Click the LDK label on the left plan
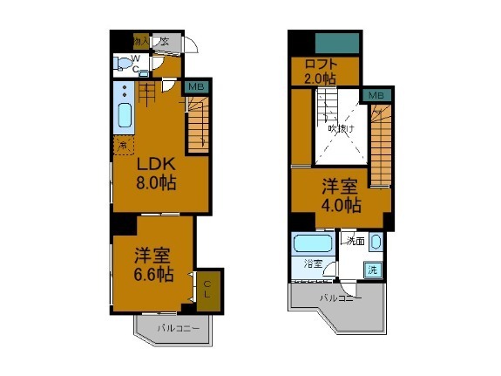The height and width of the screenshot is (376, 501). click(x=157, y=163)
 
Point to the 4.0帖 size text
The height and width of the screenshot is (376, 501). click(x=340, y=206)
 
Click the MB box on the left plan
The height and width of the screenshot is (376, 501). click(x=196, y=86)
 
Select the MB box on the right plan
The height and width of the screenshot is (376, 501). click(x=375, y=94)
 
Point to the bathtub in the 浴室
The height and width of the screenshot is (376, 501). click(x=310, y=243)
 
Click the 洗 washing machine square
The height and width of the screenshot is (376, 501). click(x=372, y=270)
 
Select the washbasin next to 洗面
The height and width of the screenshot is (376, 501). click(x=376, y=242)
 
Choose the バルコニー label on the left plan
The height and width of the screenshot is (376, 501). click(x=179, y=328)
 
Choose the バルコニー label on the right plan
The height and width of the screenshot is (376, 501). click(x=339, y=297)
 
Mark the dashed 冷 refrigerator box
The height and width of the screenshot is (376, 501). click(x=124, y=145)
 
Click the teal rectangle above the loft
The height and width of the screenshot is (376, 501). click(x=337, y=42)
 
